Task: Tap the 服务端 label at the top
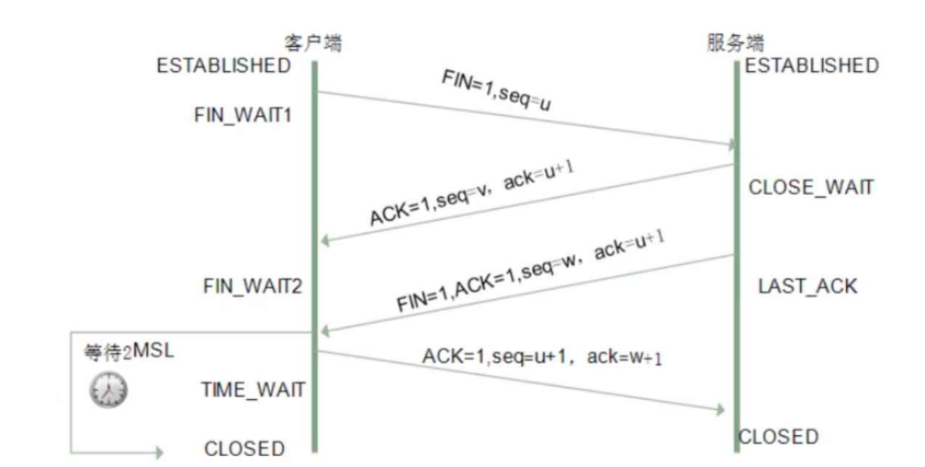click(x=735, y=44)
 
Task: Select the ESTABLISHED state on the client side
click(x=223, y=65)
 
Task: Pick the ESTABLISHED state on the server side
click(x=812, y=65)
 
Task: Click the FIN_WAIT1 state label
click(x=242, y=115)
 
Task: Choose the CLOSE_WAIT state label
click(x=812, y=188)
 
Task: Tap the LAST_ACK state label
click(x=807, y=286)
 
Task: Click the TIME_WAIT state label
click(x=253, y=389)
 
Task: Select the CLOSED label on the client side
click(x=244, y=449)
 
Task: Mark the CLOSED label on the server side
click(x=778, y=436)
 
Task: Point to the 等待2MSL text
click(x=129, y=352)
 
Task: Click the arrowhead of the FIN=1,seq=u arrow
click(x=730, y=145)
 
